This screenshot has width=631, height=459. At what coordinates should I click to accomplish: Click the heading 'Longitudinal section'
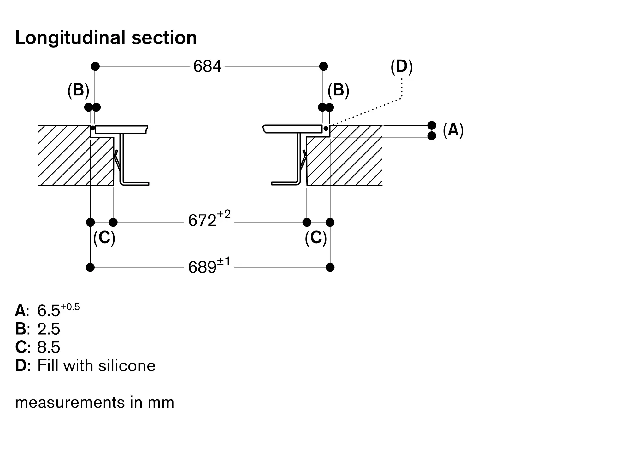coord(106,38)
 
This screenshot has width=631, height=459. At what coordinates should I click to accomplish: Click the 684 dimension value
coord(207,66)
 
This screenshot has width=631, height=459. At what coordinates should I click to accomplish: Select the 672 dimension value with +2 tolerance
coord(209,220)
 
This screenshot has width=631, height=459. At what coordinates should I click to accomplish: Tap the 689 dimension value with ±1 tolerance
coord(209,267)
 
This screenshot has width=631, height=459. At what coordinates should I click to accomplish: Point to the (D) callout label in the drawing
coord(401,66)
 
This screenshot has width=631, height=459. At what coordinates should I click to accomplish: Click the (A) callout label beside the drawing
coord(453,129)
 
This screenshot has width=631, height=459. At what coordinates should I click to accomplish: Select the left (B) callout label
coord(78,90)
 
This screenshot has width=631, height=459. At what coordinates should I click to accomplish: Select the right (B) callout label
coord(338,90)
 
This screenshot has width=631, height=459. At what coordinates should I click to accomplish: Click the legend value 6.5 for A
coord(49,311)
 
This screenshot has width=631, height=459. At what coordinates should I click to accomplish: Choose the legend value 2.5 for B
coord(49,329)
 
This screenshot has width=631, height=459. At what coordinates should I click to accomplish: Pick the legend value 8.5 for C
coord(49,347)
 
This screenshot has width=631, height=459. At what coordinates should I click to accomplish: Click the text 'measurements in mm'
coord(95,403)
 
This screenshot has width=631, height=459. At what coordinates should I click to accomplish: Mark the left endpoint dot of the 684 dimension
coord(95,66)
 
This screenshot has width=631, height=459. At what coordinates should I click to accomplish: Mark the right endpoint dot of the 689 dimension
coord(330,267)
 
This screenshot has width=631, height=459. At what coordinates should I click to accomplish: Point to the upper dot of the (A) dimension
coord(432,125)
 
